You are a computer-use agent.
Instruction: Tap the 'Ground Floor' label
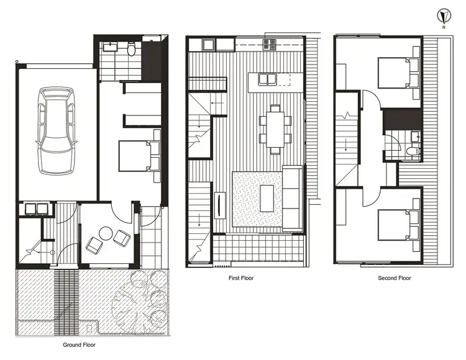[79, 344]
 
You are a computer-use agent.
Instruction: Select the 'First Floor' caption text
[240, 278]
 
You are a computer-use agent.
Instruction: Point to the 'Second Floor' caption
[395, 278]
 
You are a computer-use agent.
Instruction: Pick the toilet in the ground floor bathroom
[131, 50]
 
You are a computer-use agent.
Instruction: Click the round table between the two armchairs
[106, 234]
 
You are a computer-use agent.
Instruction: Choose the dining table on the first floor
[275, 128]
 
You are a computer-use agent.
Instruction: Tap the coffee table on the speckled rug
[265, 199]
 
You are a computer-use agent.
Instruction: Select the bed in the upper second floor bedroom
[398, 74]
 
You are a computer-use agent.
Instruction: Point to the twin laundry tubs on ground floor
[32, 209]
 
